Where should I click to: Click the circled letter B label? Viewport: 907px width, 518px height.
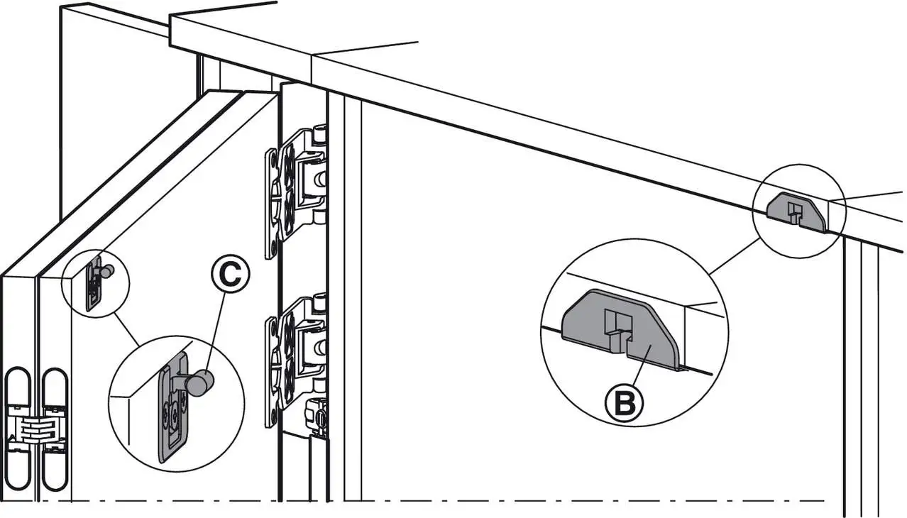(623, 402)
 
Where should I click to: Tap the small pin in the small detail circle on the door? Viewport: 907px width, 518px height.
(106, 270)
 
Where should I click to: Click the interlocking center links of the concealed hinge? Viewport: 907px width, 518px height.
(35, 429)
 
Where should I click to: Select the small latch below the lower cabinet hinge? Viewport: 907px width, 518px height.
(317, 415)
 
